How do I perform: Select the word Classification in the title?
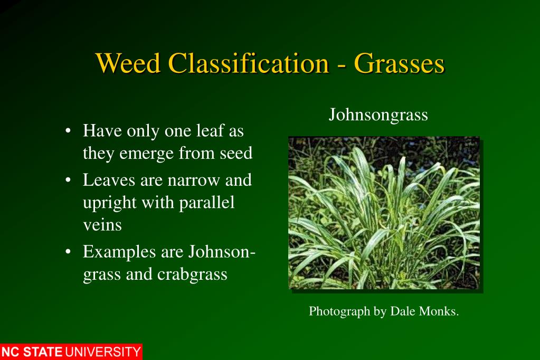point(248,64)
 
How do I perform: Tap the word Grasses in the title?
point(399,64)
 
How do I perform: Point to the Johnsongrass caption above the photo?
point(378,115)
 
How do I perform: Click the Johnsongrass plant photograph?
point(384,213)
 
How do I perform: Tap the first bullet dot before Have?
point(69,130)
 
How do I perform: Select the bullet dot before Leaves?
point(69,181)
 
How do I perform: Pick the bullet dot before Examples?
point(69,252)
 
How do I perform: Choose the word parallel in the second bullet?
point(208,203)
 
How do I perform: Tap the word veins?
point(102,225)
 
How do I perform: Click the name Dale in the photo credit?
point(403,311)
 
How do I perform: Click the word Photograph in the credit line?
point(339,312)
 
